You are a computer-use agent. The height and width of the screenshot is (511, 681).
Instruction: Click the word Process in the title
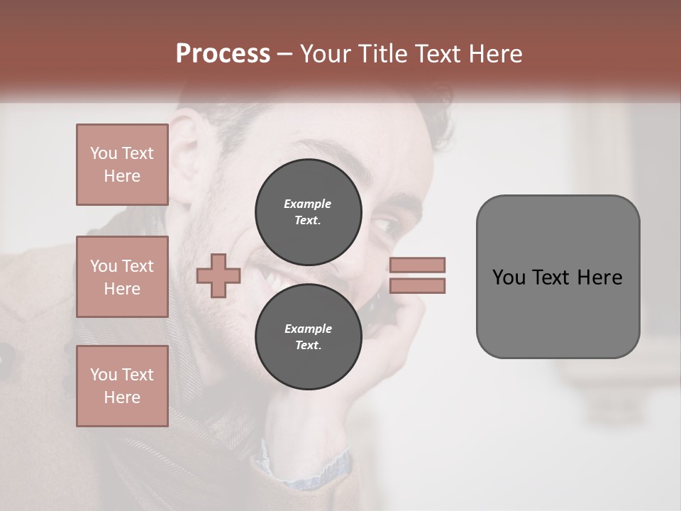(223, 54)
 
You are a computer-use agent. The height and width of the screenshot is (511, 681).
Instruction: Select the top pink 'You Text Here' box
(122, 165)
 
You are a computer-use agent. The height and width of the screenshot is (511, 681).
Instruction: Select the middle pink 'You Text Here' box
(122, 277)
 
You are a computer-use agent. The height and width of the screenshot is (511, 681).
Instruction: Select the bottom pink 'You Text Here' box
(122, 385)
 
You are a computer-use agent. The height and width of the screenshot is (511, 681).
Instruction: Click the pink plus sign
(218, 275)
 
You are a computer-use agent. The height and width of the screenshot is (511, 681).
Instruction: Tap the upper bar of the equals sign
(417, 265)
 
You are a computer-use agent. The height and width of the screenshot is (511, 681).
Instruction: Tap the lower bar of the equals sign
(417, 285)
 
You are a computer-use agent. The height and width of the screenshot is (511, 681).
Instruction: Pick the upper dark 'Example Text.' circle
(308, 211)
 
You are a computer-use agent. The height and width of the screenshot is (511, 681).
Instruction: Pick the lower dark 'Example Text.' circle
(308, 336)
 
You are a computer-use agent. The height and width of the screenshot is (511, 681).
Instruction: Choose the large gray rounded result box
(558, 277)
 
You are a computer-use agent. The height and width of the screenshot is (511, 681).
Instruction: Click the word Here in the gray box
(599, 278)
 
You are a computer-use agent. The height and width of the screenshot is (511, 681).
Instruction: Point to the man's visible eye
(389, 226)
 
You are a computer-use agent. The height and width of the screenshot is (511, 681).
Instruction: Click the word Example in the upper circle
(308, 204)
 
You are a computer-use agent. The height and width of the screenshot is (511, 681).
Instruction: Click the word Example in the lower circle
(308, 329)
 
